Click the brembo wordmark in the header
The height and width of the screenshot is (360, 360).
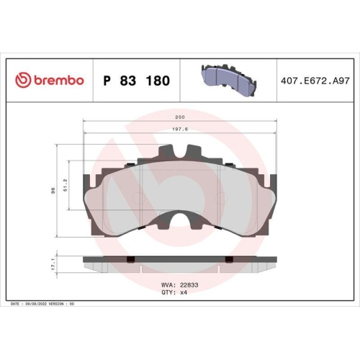[x=57, y=80]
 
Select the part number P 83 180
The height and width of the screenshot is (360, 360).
[x=137, y=81]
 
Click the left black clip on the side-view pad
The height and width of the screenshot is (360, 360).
[x=130, y=259]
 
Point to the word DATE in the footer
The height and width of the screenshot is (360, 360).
[x=15, y=305]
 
